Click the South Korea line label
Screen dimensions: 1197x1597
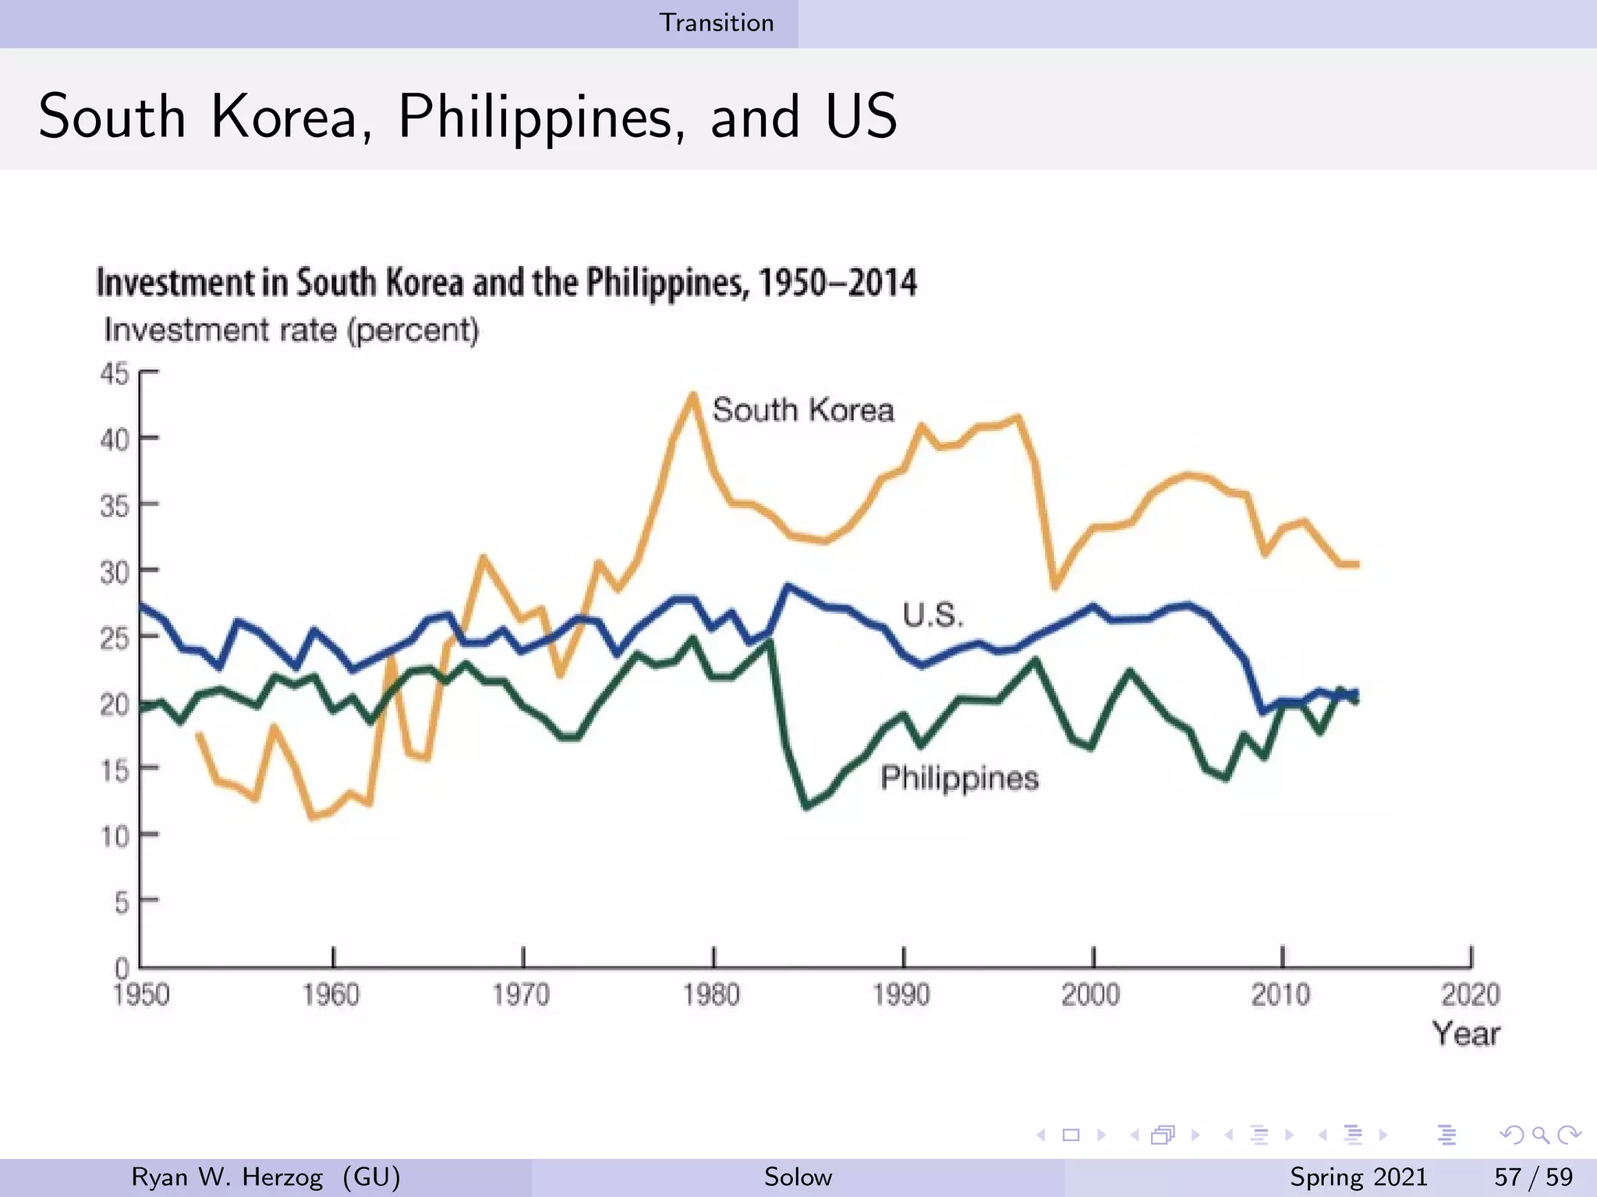point(802,410)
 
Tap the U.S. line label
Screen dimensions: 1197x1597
point(933,616)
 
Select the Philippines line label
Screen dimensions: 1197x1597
point(959,779)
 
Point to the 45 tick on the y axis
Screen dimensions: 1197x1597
point(114,374)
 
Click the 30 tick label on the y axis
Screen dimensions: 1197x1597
point(114,573)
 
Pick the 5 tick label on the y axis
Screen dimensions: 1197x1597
point(122,903)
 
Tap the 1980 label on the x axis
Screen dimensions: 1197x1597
point(711,995)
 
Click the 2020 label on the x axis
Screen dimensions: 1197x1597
point(1470,995)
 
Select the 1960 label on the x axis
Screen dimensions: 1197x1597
point(331,995)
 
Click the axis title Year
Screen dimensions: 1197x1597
point(1466,1034)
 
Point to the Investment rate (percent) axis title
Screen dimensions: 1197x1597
point(291,330)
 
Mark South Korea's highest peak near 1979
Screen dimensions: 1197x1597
point(692,396)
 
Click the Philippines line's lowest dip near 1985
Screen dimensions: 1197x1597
point(807,807)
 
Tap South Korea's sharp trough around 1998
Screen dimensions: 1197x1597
point(1055,586)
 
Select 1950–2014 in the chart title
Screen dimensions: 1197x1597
point(837,282)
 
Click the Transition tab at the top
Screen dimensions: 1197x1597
point(717,23)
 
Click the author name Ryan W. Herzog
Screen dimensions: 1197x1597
point(227,1177)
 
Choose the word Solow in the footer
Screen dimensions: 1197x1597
point(798,1177)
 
